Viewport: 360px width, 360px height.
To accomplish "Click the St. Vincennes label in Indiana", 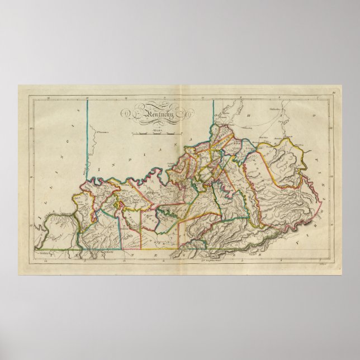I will coord(101,132).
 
